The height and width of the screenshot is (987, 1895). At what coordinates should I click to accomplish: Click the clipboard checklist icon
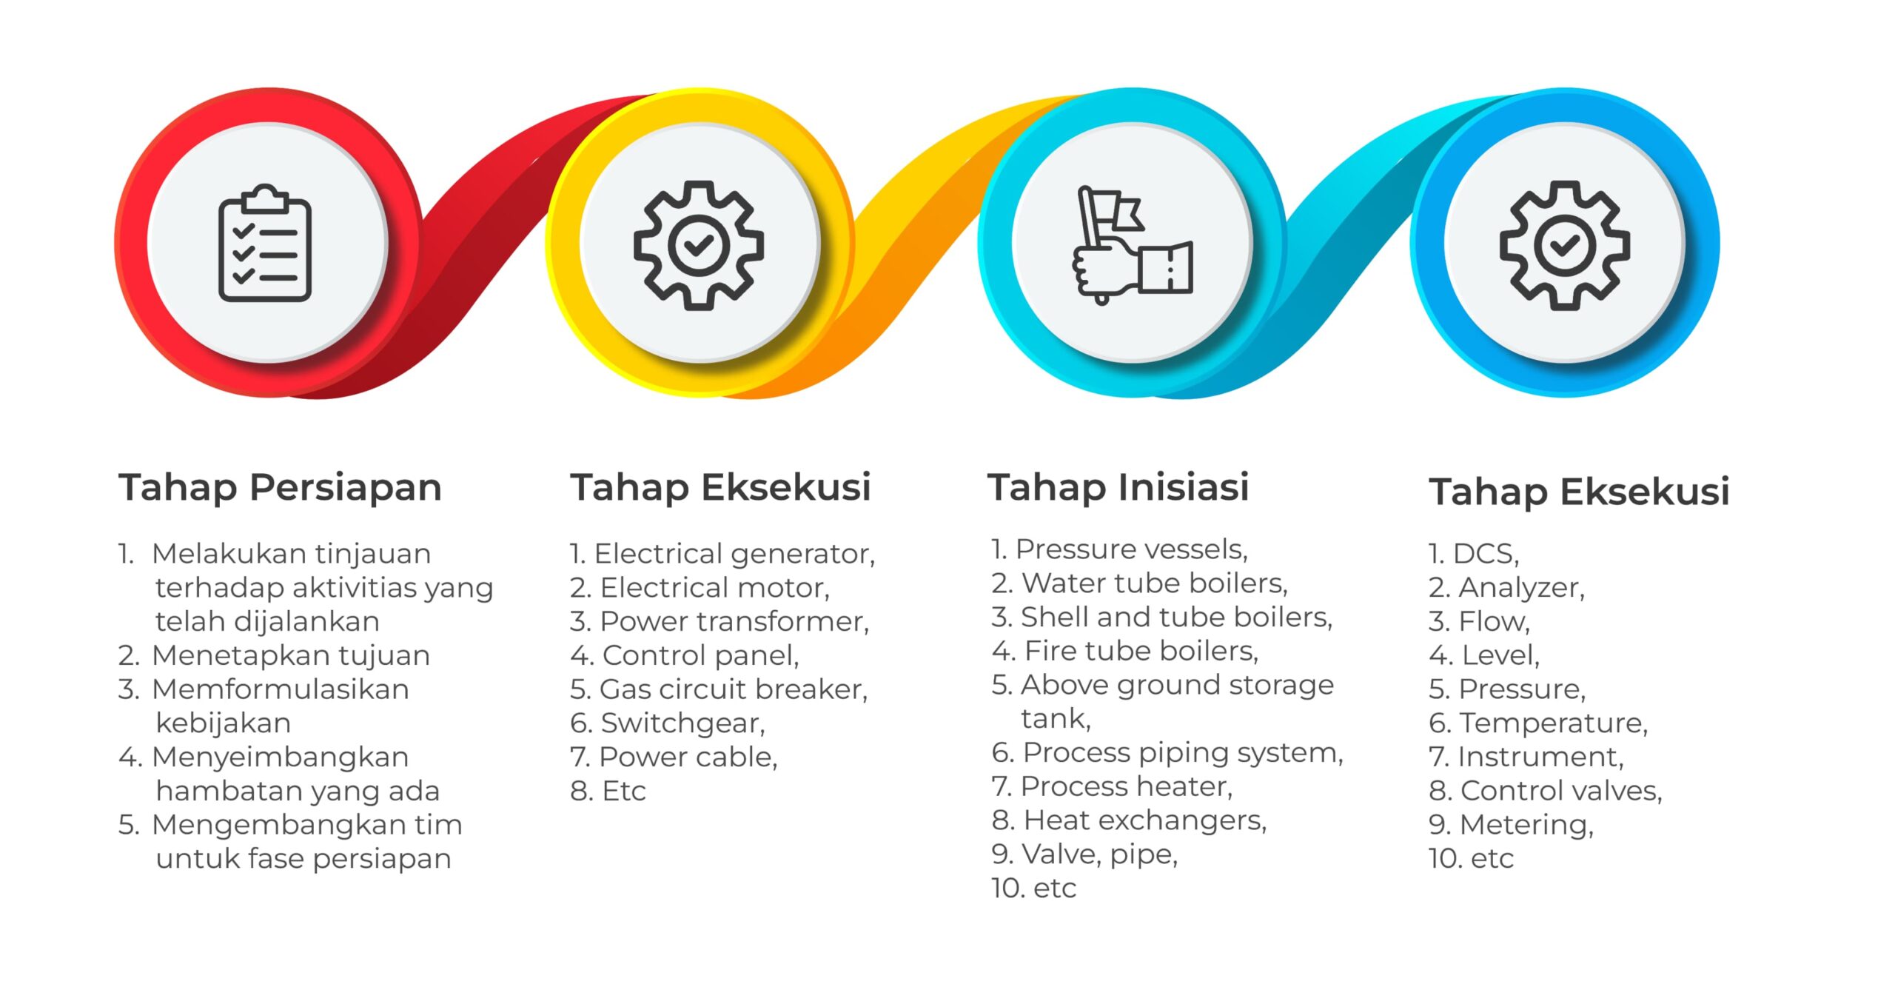click(264, 243)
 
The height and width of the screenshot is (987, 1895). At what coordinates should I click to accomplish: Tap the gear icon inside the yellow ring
click(698, 244)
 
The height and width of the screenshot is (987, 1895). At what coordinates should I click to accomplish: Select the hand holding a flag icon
click(1133, 245)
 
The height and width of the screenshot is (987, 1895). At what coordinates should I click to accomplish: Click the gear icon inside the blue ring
click(1565, 244)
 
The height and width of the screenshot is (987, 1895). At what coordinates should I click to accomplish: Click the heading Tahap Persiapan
click(280, 487)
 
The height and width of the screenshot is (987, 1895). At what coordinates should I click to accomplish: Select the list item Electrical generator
click(722, 553)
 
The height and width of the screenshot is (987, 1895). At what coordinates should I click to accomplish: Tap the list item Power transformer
click(720, 621)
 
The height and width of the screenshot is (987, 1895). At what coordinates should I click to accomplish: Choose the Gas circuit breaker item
click(719, 689)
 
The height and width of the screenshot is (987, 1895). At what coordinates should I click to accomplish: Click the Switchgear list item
click(668, 723)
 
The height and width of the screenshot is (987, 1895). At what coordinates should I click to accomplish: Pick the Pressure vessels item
click(1119, 549)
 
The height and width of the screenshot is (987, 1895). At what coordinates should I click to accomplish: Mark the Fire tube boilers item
click(1125, 651)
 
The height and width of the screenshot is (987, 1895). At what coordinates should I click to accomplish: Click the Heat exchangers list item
click(1130, 820)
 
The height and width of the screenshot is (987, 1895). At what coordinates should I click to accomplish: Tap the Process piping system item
click(1167, 752)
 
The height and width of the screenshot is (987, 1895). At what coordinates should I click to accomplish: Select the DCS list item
click(1474, 553)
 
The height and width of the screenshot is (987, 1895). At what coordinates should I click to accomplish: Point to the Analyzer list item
click(1507, 587)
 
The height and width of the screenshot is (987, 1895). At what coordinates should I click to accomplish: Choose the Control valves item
click(1546, 791)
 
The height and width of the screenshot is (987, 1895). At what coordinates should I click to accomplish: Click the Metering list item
click(1512, 825)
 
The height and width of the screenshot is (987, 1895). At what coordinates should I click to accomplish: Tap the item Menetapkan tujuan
click(274, 655)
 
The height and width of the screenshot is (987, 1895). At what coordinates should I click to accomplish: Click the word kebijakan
click(223, 723)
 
